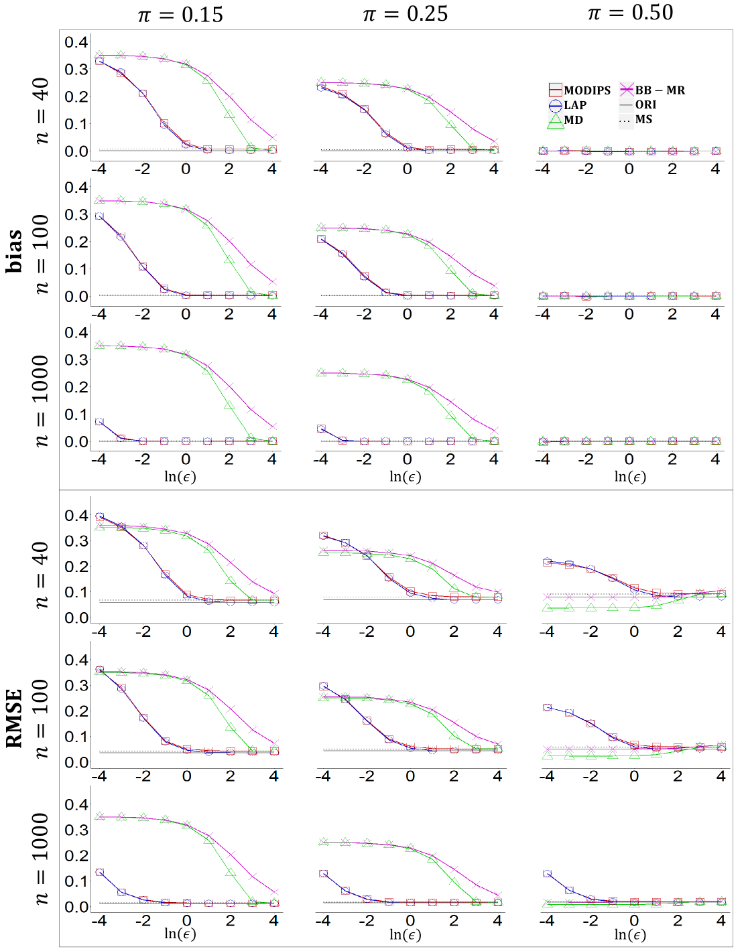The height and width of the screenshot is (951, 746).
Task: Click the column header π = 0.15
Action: [180, 15]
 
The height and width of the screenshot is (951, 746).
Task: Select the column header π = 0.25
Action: [405, 14]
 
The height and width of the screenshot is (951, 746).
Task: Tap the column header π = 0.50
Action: [630, 13]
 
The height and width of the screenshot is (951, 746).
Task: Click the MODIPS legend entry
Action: [580, 90]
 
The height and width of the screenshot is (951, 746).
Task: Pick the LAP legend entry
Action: [568, 105]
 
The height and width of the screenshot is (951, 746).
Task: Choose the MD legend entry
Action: [566, 120]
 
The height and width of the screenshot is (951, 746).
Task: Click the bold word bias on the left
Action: [14, 251]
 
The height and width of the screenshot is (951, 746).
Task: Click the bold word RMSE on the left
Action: [14, 718]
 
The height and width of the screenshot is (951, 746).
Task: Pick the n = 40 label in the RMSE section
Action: [41, 575]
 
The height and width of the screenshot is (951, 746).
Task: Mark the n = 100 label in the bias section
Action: [41, 254]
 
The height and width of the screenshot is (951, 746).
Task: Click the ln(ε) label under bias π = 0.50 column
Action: [630, 476]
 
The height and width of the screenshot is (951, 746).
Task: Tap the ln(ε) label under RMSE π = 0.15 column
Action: [180, 934]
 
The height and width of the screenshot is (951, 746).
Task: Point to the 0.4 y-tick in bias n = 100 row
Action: [76, 188]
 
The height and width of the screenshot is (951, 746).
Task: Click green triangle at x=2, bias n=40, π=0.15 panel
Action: [229, 113]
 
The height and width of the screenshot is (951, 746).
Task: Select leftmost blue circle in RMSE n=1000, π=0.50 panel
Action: [548, 874]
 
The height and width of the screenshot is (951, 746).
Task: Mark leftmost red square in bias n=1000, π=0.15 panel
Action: [99, 422]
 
